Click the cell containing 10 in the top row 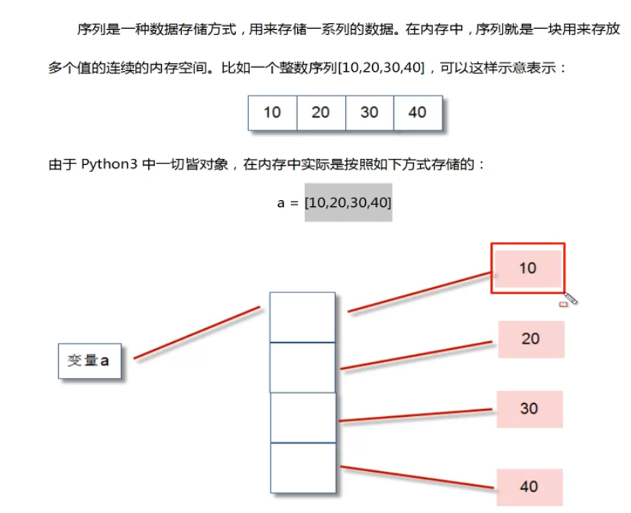pyautogui.click(x=272, y=112)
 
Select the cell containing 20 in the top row pyautogui.click(x=321, y=112)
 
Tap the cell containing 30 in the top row pyautogui.click(x=370, y=112)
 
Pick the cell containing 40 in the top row pyautogui.click(x=418, y=112)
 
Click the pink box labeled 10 pyautogui.click(x=529, y=268)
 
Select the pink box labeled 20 pyautogui.click(x=531, y=339)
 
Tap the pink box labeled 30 pyautogui.click(x=529, y=408)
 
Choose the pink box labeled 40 pyautogui.click(x=529, y=486)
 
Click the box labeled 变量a pyautogui.click(x=89, y=361)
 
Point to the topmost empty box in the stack pyautogui.click(x=303, y=317)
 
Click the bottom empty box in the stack pyautogui.click(x=303, y=467)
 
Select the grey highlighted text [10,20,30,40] pyautogui.click(x=348, y=202)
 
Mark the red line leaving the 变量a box pyautogui.click(x=197, y=332)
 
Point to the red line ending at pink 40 pyautogui.click(x=416, y=476)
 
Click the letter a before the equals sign pyautogui.click(x=280, y=203)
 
